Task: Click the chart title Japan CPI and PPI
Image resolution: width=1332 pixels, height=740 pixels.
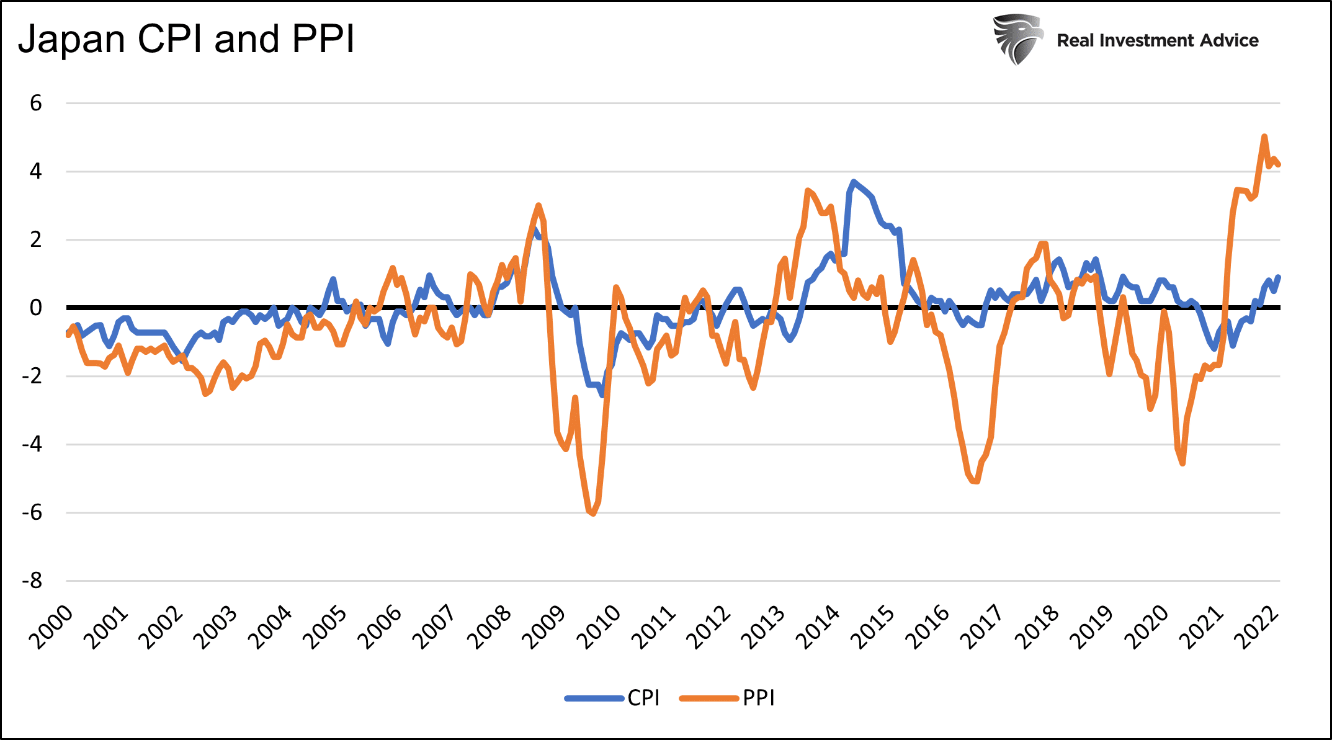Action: [x=186, y=40]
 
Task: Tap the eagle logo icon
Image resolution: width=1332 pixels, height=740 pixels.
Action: [x=1017, y=40]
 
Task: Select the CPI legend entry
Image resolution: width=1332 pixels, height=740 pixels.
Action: [x=643, y=698]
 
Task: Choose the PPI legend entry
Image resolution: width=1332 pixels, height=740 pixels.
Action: [x=758, y=698]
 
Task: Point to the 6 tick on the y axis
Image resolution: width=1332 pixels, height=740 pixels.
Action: [x=36, y=103]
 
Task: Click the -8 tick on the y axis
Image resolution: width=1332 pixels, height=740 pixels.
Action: [x=32, y=581]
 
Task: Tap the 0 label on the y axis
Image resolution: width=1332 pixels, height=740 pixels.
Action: [x=36, y=308]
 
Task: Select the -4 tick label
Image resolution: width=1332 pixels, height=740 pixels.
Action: [x=32, y=444]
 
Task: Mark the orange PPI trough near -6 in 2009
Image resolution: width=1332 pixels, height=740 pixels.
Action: [x=593, y=514]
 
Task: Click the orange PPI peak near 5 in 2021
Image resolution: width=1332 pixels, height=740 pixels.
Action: [x=1264, y=136]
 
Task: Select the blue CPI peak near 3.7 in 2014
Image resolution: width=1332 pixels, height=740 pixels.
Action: [x=854, y=182]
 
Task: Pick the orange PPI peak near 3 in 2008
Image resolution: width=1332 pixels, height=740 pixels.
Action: [x=538, y=205]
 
